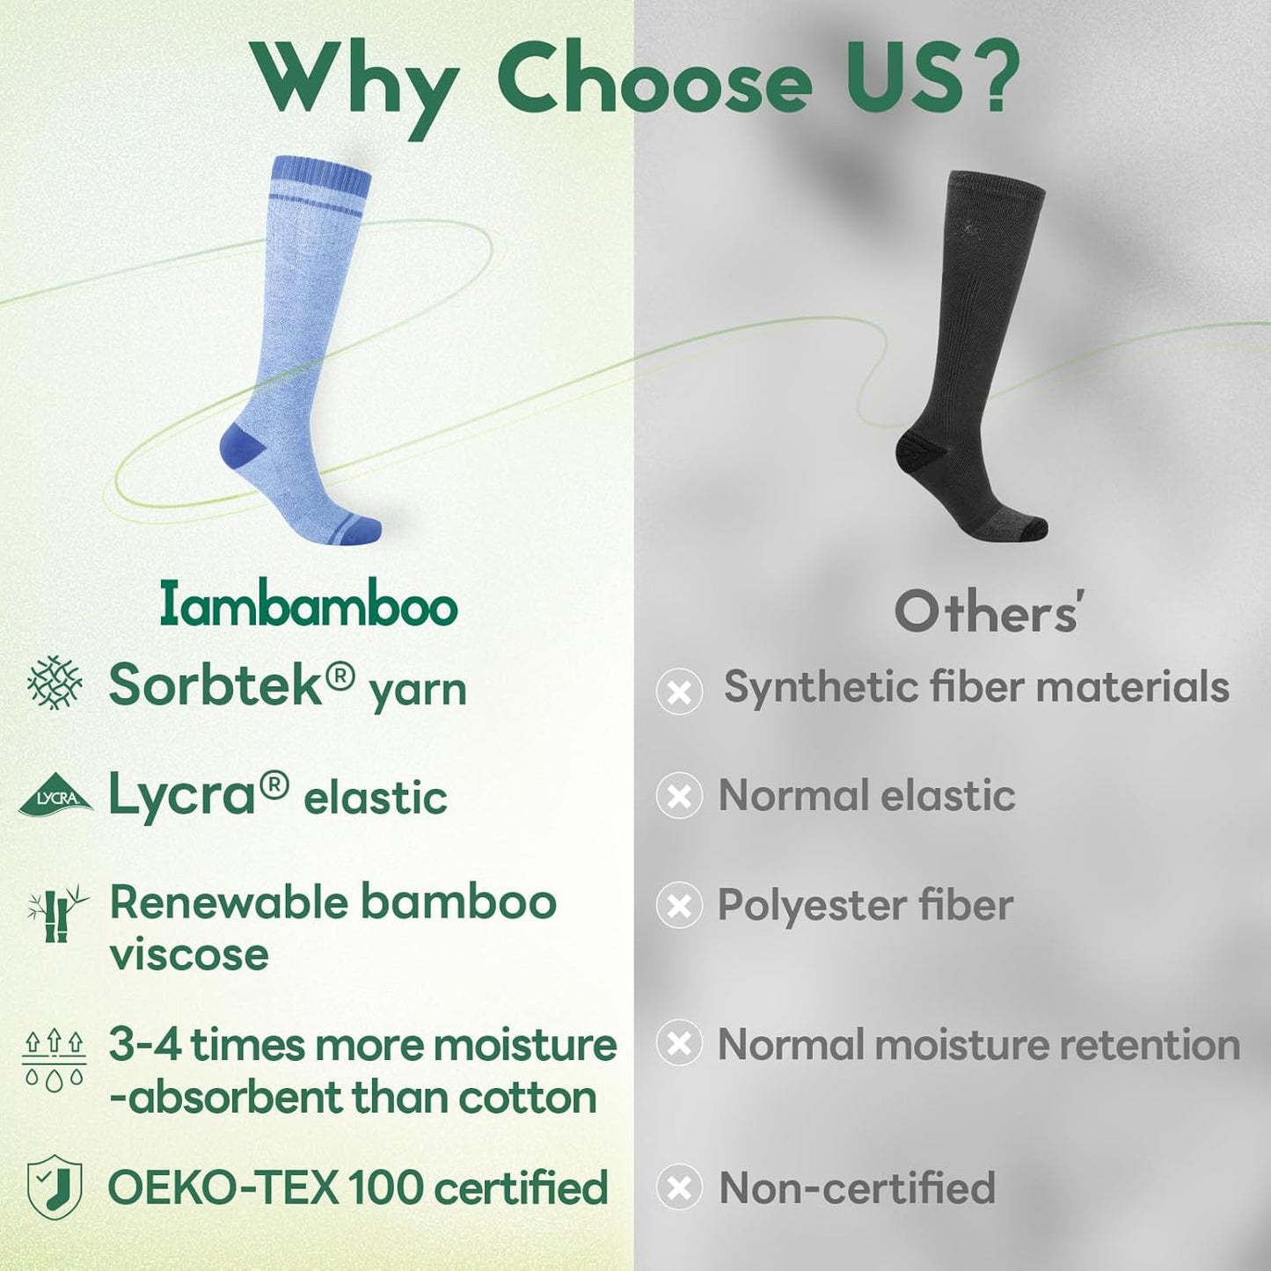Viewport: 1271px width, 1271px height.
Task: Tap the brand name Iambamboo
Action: pyautogui.click(x=309, y=606)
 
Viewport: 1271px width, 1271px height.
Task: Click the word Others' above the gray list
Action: pyautogui.click(x=987, y=612)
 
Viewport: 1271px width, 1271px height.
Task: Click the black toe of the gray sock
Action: pyautogui.click(x=1033, y=528)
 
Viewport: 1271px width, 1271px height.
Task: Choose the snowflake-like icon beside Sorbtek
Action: pyautogui.click(x=55, y=682)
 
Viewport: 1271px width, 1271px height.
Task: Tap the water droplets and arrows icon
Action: pyautogui.click(x=54, y=1060)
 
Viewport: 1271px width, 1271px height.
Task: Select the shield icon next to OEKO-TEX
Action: pyautogui.click(x=55, y=1187)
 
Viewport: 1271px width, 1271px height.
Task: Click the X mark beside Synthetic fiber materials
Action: pyautogui.click(x=679, y=690)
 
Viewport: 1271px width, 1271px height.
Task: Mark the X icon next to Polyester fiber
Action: pyautogui.click(x=679, y=906)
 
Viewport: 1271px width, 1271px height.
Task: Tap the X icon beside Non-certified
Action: pyautogui.click(x=679, y=1188)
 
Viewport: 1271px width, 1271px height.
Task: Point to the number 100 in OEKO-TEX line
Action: pyautogui.click(x=385, y=1187)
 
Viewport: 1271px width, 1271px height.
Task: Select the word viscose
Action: pyautogui.click(x=189, y=954)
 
